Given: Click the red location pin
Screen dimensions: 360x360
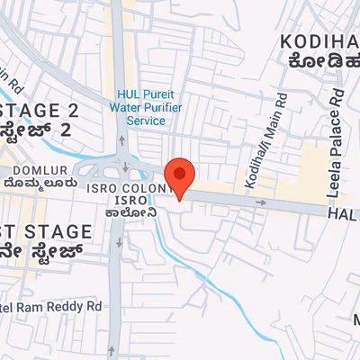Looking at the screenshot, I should click(x=180, y=176).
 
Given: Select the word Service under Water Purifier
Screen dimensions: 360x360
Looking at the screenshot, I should click(x=146, y=119).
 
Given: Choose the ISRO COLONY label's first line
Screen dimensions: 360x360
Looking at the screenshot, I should click(x=127, y=187).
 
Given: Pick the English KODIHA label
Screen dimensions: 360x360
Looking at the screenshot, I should click(x=319, y=40).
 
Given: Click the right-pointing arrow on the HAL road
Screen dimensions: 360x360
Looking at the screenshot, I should click(x=261, y=202).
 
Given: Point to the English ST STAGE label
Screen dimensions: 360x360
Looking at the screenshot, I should click(x=45, y=232).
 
